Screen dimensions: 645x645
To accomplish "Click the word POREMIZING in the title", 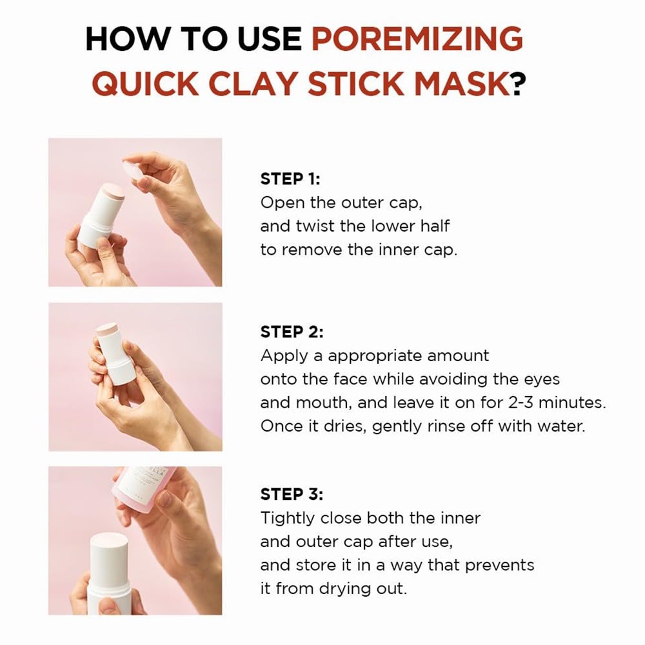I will (x=417, y=39).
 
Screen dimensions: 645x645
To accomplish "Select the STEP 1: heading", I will (x=290, y=179).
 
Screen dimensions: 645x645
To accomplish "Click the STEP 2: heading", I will (x=292, y=332).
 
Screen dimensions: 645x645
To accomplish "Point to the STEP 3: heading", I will (x=292, y=494).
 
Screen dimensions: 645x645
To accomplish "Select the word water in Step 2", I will (x=561, y=426).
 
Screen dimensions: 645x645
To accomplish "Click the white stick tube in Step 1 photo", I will (x=101, y=213).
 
